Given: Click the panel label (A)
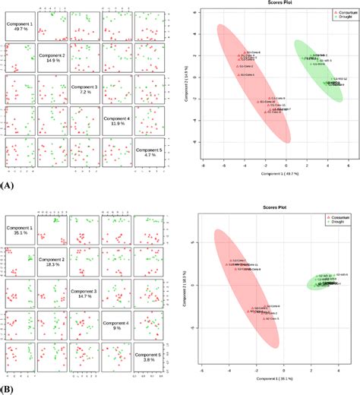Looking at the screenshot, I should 8,185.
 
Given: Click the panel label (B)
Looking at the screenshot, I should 8,388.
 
